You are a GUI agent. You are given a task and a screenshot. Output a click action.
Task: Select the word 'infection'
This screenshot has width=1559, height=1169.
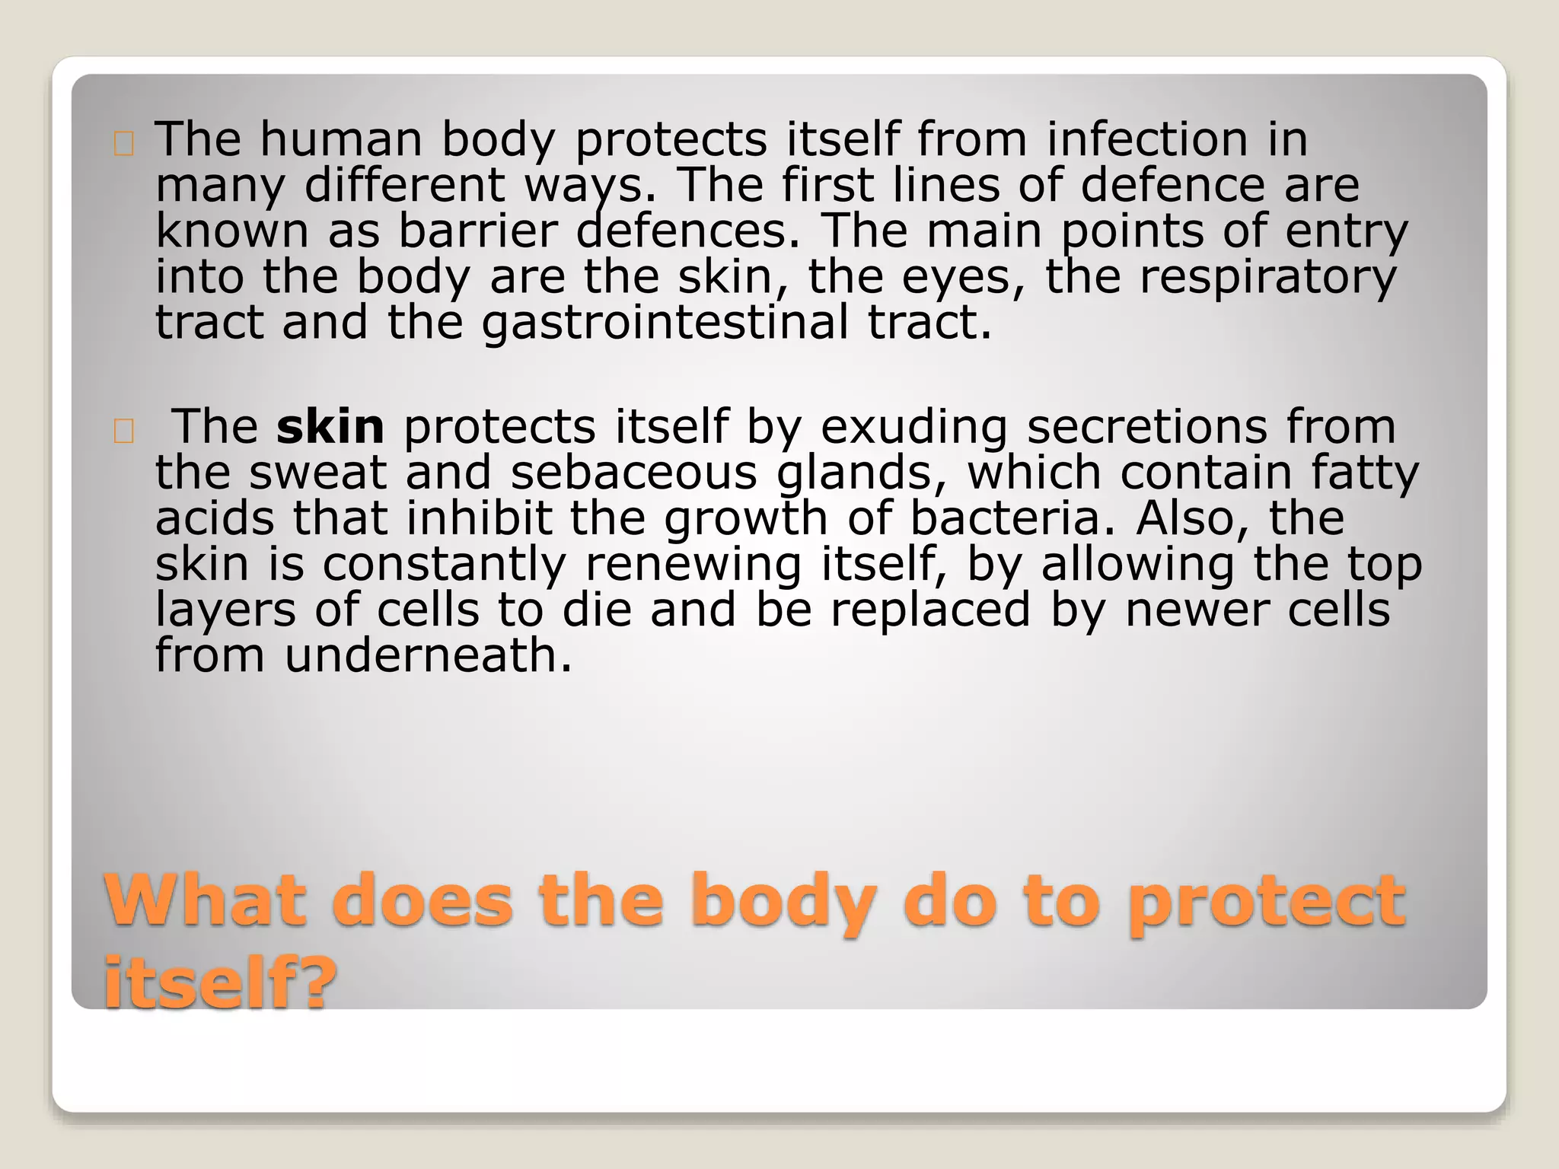click(1147, 140)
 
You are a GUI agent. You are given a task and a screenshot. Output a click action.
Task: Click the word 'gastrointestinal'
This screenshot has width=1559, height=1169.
click(665, 323)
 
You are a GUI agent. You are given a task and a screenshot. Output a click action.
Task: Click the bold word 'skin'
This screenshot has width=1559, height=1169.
click(330, 427)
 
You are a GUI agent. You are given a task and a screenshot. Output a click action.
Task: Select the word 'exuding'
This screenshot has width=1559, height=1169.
click(913, 427)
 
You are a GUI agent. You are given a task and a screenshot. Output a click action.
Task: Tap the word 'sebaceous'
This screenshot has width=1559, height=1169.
click(633, 473)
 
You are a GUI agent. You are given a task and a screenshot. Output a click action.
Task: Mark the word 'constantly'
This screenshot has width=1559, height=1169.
click(444, 565)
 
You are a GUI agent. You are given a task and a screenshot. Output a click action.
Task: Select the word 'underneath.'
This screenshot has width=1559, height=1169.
click(428, 656)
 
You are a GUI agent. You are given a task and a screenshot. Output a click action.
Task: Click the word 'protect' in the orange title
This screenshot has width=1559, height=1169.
click(1266, 902)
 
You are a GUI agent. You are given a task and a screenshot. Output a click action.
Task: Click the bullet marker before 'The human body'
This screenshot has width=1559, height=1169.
click(123, 145)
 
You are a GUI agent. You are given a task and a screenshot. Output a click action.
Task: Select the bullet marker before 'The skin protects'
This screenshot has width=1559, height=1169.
click(123, 432)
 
